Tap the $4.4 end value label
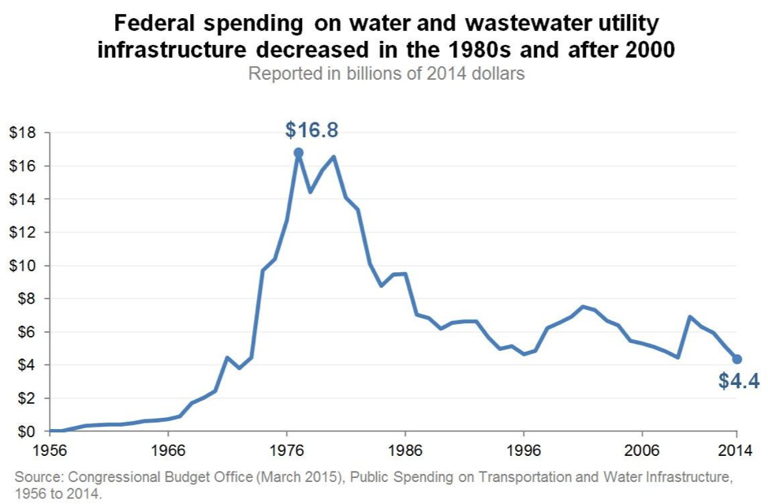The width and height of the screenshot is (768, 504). [738, 382]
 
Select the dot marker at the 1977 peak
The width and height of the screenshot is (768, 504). [298, 153]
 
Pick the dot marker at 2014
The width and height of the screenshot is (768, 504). [736, 359]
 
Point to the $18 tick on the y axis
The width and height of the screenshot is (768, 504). [23, 133]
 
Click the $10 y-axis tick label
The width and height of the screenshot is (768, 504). [23, 266]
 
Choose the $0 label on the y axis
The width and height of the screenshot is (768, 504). [26, 431]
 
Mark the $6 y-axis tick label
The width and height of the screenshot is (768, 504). [26, 332]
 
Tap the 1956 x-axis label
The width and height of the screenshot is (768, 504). [49, 452]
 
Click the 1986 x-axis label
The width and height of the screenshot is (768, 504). [405, 452]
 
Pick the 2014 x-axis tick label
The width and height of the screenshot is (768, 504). [736, 452]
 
